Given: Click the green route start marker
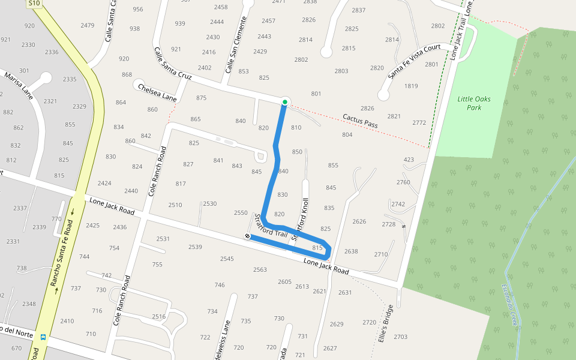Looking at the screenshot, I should (x=285, y=102).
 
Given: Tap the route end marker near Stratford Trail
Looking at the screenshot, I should (x=247, y=236).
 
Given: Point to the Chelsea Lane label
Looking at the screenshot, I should (x=157, y=92).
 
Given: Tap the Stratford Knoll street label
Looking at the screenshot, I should (x=300, y=220).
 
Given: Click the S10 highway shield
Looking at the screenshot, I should (x=34, y=4).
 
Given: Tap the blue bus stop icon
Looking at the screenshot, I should (x=43, y=337).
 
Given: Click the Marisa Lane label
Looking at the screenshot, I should (x=17, y=86).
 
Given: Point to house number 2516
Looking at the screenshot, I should (x=158, y=316).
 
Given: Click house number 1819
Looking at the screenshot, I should (x=411, y=86).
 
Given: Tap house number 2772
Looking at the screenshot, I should (x=419, y=122).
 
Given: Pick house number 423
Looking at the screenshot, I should (x=409, y=160).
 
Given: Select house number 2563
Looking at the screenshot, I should (x=260, y=269).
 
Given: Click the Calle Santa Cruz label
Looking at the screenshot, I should (x=172, y=64).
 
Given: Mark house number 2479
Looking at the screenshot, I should (x=88, y=25).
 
